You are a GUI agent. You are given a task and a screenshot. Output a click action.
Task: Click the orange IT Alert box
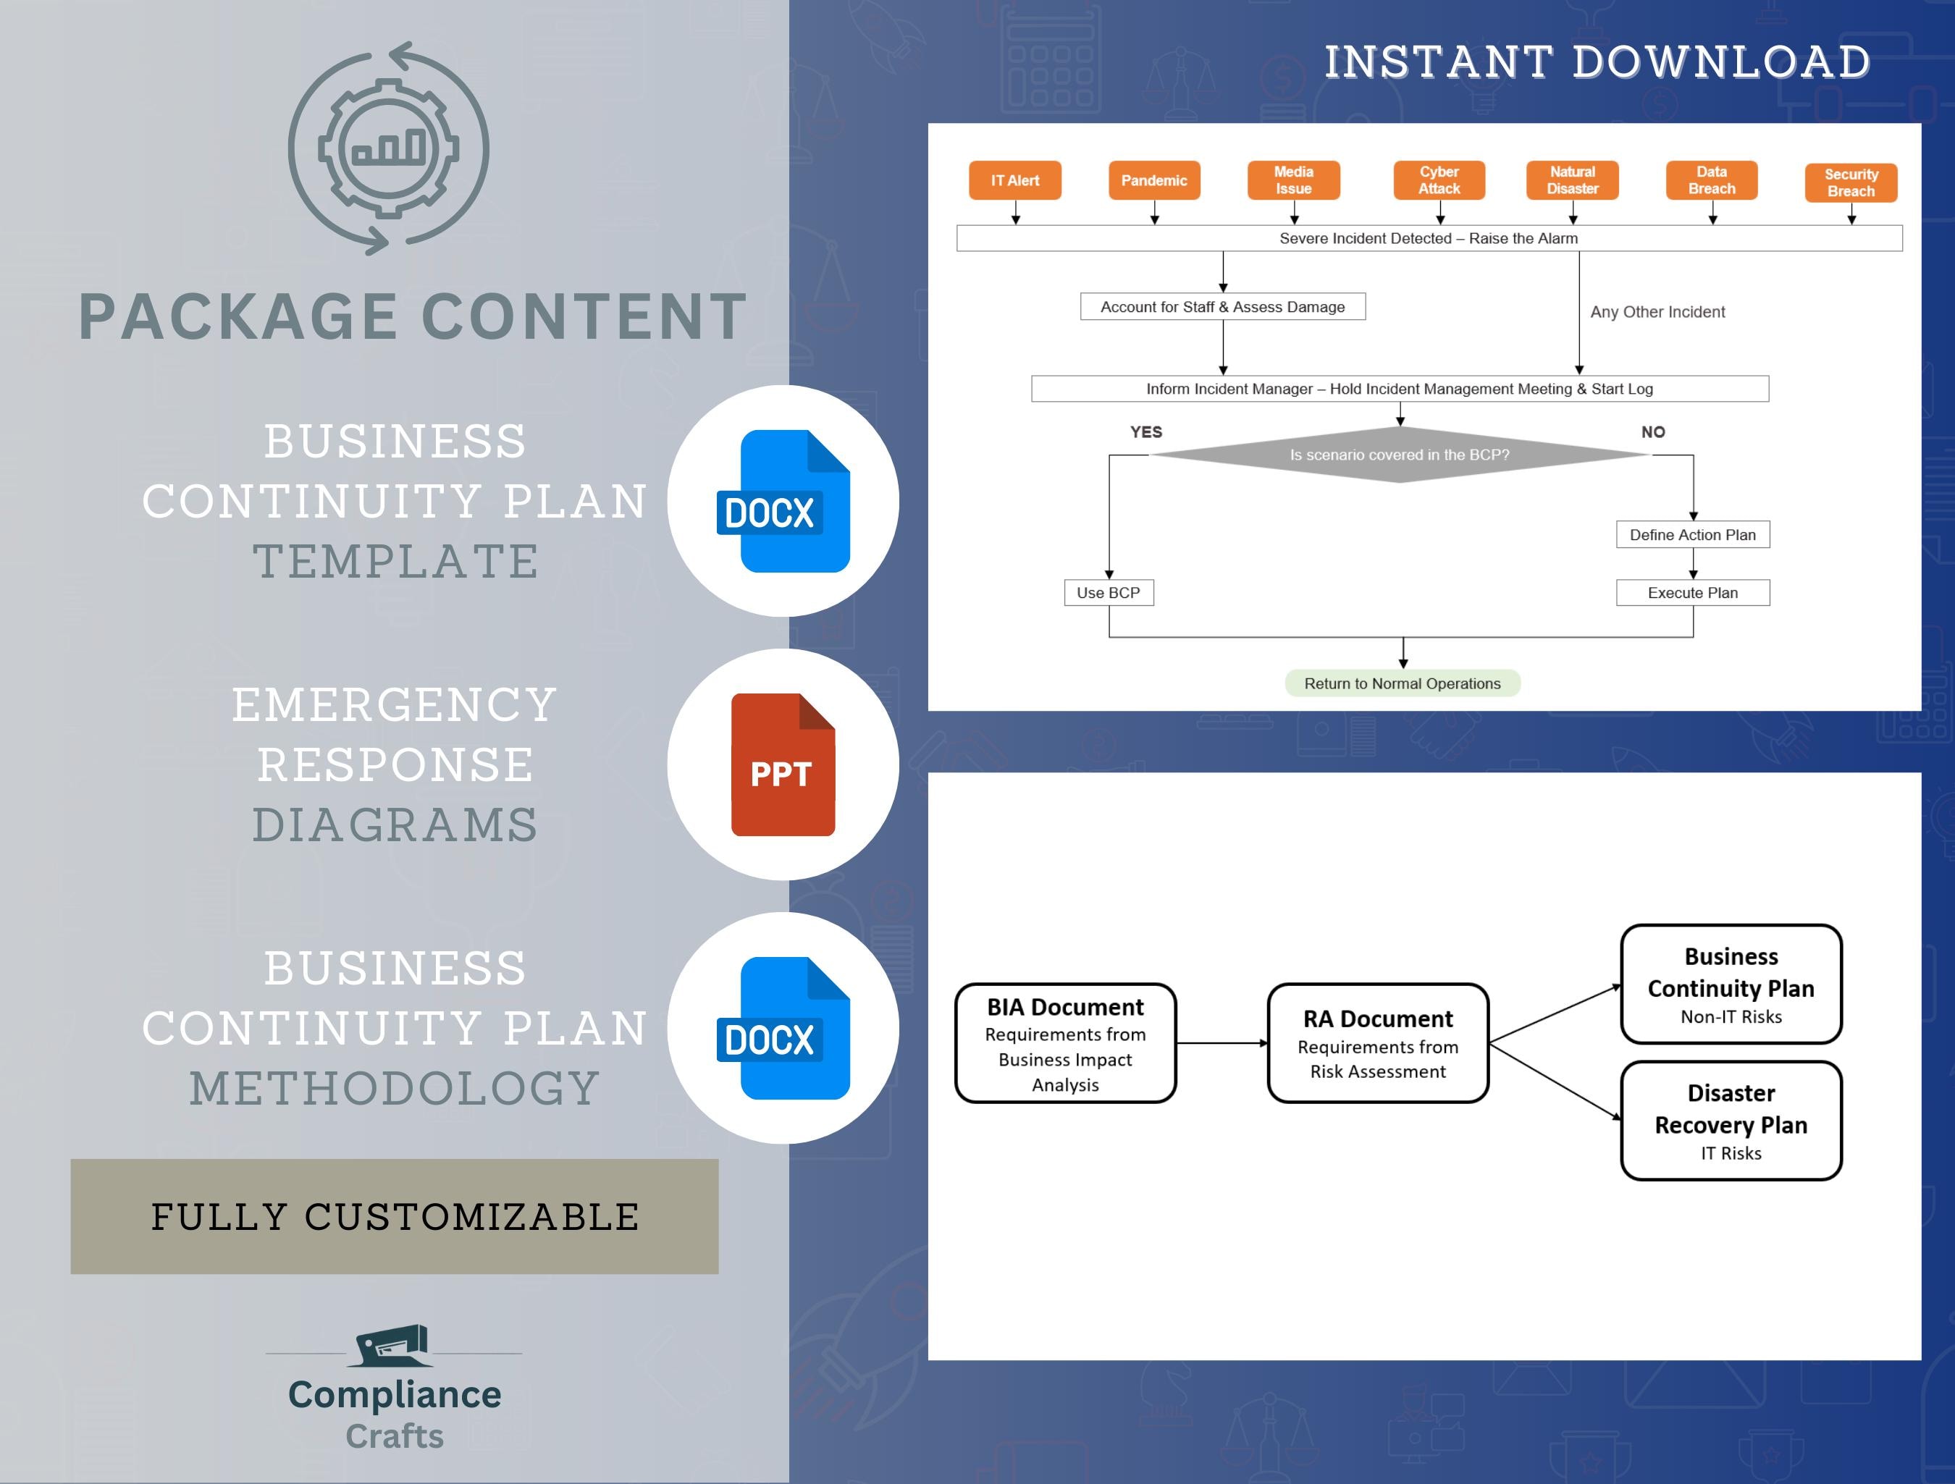(1014, 180)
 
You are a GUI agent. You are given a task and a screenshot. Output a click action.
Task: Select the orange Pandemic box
(1153, 180)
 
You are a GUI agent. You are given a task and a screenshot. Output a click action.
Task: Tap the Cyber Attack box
(1439, 180)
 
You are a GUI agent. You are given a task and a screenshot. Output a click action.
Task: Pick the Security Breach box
(1851, 183)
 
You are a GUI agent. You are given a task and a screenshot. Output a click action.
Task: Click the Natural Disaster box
(1572, 180)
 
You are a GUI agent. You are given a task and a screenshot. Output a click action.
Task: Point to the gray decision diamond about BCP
(1399, 455)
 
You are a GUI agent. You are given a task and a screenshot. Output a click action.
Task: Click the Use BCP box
(1109, 593)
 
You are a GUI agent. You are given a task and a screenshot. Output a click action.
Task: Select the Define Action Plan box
(1692, 535)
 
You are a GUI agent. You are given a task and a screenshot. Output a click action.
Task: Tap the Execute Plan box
(1692, 593)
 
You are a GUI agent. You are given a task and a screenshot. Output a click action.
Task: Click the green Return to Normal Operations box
(1402, 683)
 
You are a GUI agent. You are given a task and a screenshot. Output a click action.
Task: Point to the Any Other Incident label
(1657, 312)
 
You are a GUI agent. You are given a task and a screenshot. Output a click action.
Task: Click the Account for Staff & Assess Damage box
(1222, 307)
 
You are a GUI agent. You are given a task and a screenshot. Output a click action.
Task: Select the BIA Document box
(1065, 1043)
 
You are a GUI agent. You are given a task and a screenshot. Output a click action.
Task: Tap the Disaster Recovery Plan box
(1731, 1121)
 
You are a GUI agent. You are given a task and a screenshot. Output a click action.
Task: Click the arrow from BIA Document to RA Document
(1222, 1043)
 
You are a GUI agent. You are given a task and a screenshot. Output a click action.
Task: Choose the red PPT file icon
(782, 765)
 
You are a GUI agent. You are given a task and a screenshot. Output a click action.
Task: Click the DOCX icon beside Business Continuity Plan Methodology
(783, 1029)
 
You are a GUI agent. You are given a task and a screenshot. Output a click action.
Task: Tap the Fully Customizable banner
(394, 1216)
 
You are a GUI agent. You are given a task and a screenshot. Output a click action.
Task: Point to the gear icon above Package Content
(388, 148)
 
